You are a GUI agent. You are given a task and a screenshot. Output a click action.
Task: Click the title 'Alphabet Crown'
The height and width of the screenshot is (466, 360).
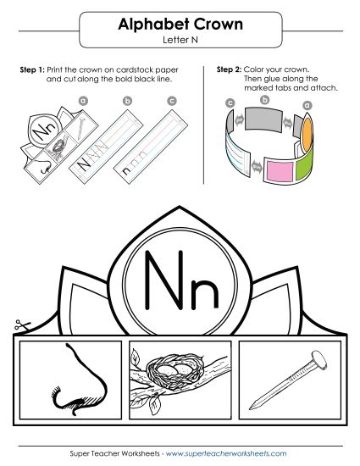[180, 25]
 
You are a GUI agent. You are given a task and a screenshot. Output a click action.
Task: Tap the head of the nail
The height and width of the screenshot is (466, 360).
[318, 359]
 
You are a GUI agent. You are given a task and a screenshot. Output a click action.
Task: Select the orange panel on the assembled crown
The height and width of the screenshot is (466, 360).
[308, 129]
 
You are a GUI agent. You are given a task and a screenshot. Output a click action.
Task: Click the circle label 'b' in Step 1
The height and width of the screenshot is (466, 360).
[127, 100]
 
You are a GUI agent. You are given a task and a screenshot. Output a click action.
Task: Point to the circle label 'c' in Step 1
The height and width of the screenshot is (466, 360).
[172, 100]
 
